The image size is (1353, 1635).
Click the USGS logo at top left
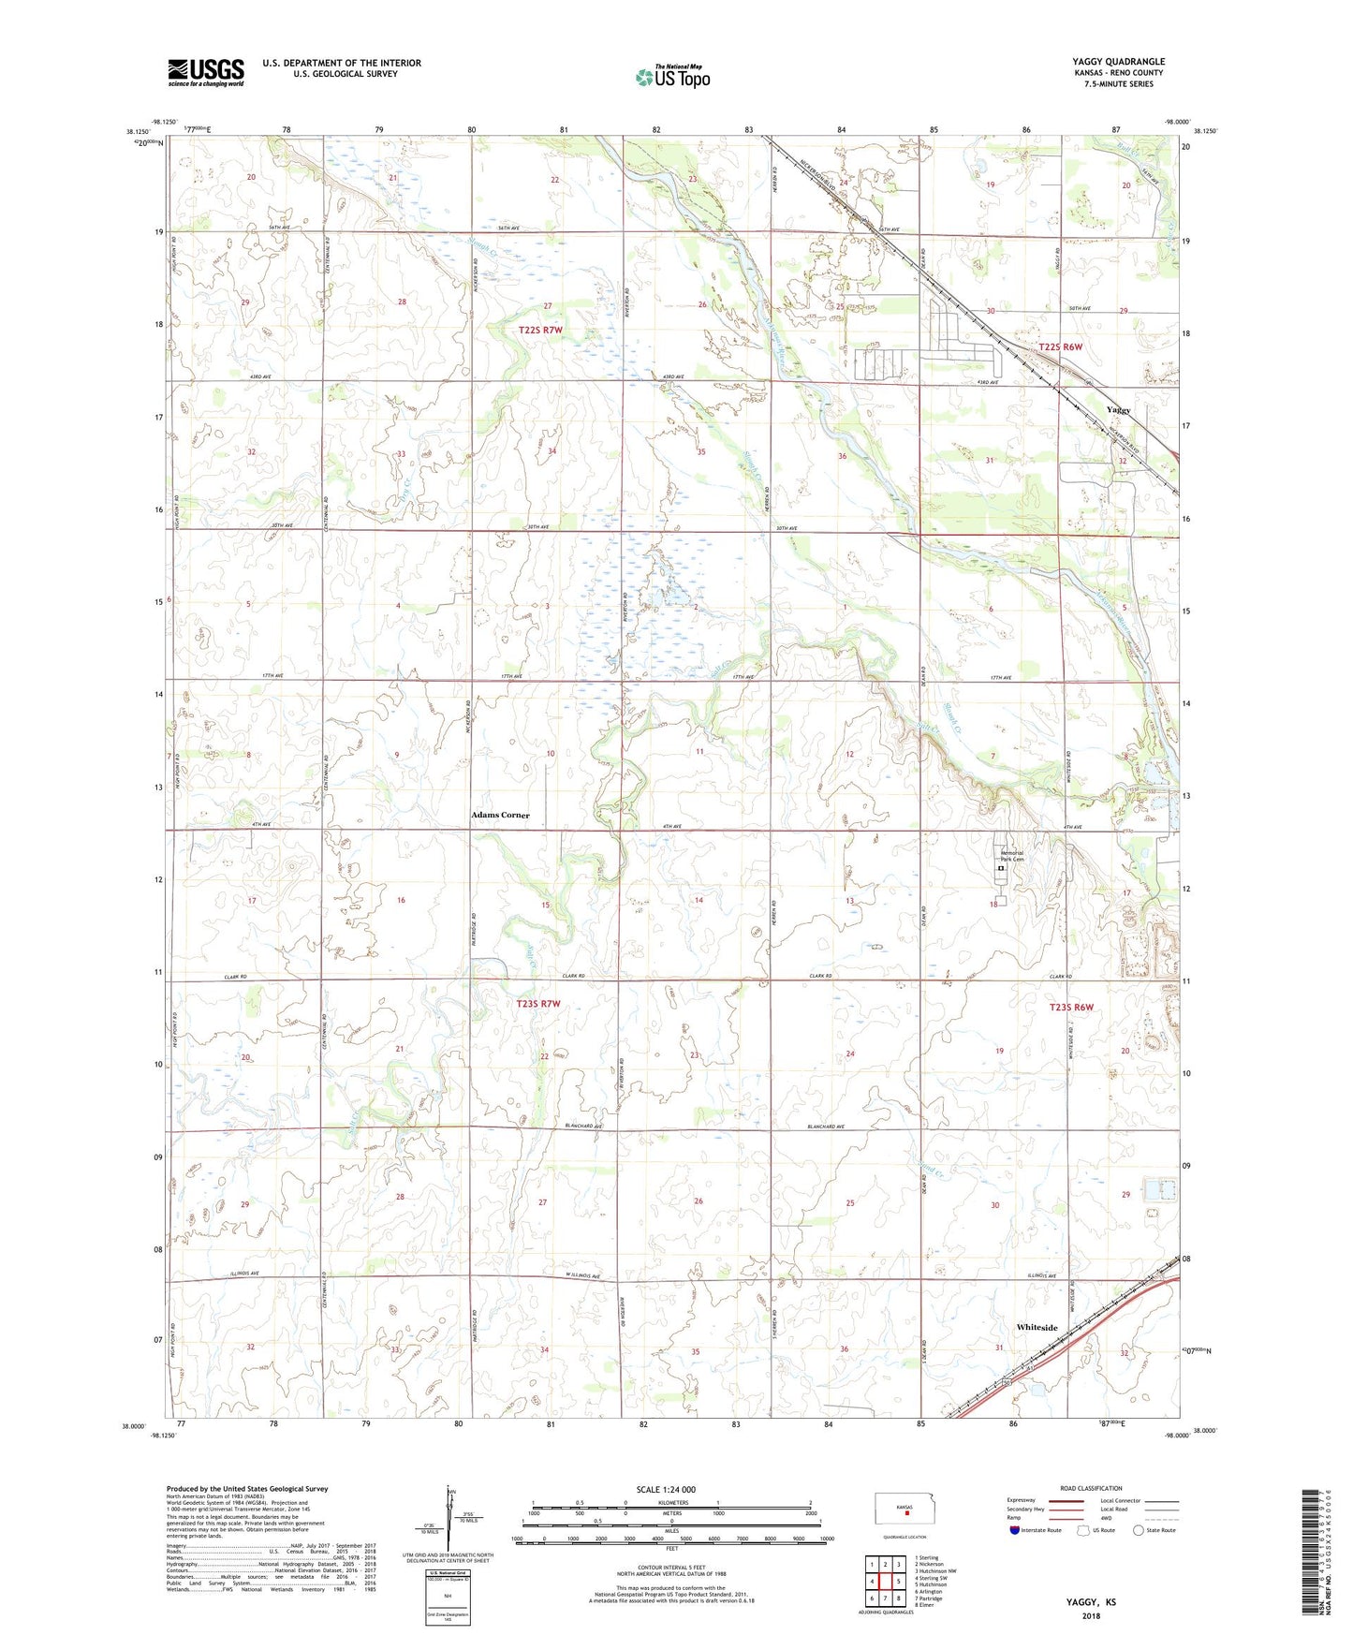pos(205,72)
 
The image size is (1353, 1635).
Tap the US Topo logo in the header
pos(671,77)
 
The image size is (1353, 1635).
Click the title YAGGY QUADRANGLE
pos(1118,62)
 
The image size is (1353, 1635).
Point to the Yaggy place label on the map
pos(1118,410)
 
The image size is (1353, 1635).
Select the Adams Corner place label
pos(500,815)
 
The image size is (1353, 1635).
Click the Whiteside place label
pos(1037,1327)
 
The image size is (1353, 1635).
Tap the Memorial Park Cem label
pos(1011,856)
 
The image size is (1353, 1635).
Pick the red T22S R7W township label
pos(540,331)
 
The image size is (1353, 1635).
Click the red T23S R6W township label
pos(1072,1007)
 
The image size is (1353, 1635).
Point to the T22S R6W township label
pos(1060,346)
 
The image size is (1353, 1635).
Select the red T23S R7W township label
pos(538,1004)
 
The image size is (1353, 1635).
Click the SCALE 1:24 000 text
pos(666,1489)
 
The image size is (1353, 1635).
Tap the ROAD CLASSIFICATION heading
pos(1091,1488)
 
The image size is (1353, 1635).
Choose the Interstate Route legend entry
pos(1037,1530)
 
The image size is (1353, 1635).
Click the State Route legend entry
pos(1154,1530)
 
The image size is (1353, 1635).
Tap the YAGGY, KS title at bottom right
pos(1091,1602)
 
